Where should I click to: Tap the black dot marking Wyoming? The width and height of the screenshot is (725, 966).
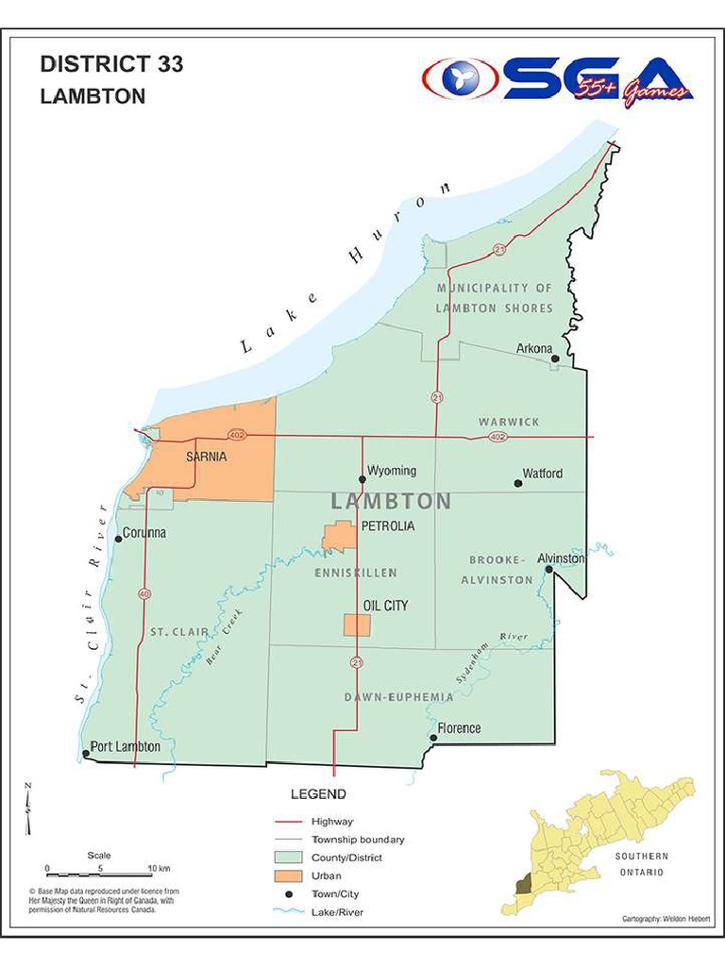362,479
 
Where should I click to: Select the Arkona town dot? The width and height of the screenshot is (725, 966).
555,358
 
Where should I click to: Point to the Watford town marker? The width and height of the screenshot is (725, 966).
517,483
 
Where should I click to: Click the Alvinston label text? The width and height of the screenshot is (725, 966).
561,558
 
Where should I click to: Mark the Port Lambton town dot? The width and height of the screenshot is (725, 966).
86,753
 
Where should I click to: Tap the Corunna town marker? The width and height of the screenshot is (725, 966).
118,539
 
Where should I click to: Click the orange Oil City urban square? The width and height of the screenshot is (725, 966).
357,625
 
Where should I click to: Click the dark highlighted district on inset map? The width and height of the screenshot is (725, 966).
524,885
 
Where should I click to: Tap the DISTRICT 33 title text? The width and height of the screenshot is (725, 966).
111,65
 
